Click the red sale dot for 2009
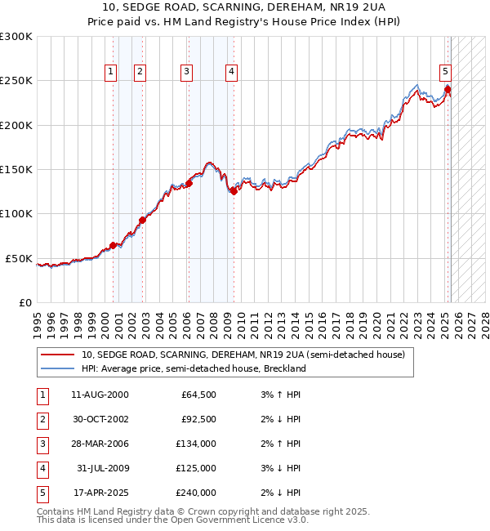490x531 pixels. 233,191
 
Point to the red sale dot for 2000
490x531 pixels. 113,245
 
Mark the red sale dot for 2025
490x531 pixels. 448,89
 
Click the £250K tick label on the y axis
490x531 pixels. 16,81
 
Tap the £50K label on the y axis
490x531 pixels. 19,258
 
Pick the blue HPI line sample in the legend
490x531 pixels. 58,368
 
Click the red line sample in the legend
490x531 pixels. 58,355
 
